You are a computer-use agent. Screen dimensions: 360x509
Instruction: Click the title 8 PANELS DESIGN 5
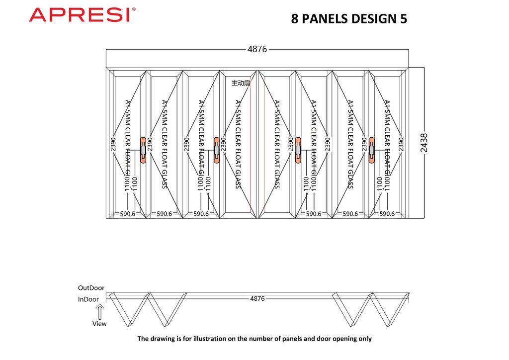349,19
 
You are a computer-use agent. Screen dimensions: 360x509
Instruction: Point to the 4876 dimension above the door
257,49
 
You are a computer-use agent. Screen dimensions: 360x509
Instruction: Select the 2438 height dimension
424,143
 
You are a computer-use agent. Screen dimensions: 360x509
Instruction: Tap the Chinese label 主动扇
241,84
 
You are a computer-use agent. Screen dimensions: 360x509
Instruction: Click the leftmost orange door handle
143,150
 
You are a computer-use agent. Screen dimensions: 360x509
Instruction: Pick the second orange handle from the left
217,150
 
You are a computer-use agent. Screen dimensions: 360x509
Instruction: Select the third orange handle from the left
298,150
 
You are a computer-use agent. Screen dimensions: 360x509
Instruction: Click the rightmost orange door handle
371,150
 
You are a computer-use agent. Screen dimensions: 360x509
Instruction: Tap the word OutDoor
91,288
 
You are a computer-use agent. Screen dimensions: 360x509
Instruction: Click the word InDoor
88,299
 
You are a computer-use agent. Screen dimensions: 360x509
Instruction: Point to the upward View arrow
99,312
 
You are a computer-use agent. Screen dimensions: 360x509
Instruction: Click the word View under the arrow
99,324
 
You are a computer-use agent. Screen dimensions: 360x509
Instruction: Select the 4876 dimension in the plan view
257,299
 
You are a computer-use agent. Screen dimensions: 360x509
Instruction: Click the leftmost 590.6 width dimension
128,214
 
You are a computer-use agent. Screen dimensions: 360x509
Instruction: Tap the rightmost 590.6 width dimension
387,214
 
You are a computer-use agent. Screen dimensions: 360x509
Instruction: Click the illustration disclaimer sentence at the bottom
254,339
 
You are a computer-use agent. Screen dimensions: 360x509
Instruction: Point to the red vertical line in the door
251,149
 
